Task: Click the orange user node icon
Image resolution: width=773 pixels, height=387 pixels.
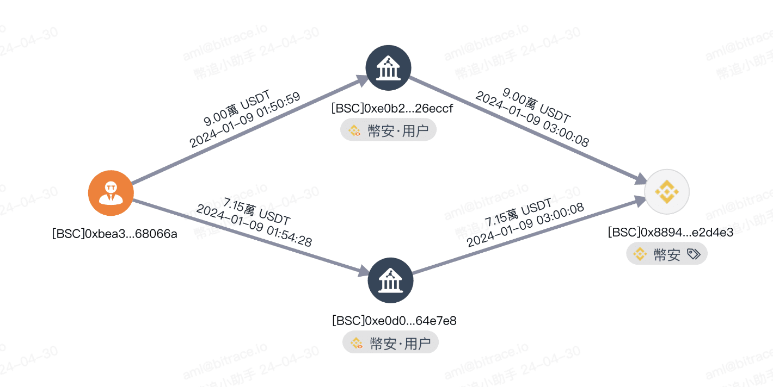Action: point(111,193)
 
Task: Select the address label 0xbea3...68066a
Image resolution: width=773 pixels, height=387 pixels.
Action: point(114,234)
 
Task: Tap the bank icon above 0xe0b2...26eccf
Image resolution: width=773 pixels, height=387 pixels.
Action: point(389,68)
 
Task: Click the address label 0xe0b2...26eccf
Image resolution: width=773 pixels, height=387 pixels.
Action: point(392,109)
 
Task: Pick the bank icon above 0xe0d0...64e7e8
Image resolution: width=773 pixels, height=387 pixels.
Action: point(390,281)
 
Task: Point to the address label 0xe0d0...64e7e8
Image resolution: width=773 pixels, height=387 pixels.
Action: point(394,321)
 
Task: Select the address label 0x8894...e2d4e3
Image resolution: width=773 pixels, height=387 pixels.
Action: point(671,233)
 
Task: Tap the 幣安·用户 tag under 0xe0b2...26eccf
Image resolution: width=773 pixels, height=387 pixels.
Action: point(389,130)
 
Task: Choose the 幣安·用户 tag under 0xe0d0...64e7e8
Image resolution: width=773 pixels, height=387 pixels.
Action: point(390,343)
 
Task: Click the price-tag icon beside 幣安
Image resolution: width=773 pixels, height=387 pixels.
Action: point(693,254)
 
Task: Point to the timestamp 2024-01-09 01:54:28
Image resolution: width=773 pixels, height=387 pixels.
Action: point(254,226)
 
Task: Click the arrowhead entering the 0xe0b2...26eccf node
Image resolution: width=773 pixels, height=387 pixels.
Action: point(363,80)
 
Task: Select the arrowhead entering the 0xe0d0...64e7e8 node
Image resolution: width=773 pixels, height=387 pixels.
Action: point(363,271)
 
